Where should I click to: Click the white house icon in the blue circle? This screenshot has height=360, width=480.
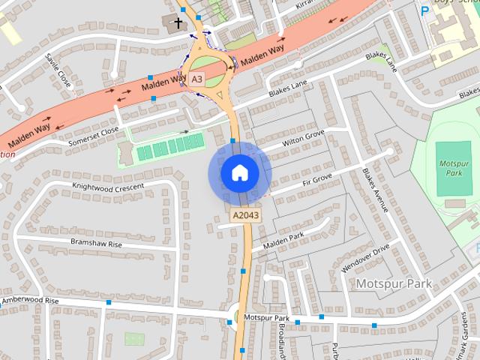[239, 173]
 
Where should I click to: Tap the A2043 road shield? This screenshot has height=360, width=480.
[244, 215]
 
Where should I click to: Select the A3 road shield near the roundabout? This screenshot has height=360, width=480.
[196, 78]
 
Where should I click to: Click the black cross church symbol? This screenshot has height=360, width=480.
[178, 24]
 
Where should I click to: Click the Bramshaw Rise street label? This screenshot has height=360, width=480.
[96, 244]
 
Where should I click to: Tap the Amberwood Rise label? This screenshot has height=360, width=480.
[30, 300]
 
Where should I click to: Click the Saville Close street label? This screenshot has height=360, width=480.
[58, 70]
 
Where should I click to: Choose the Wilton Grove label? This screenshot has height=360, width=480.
[303, 138]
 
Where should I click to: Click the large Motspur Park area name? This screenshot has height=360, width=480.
[394, 283]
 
